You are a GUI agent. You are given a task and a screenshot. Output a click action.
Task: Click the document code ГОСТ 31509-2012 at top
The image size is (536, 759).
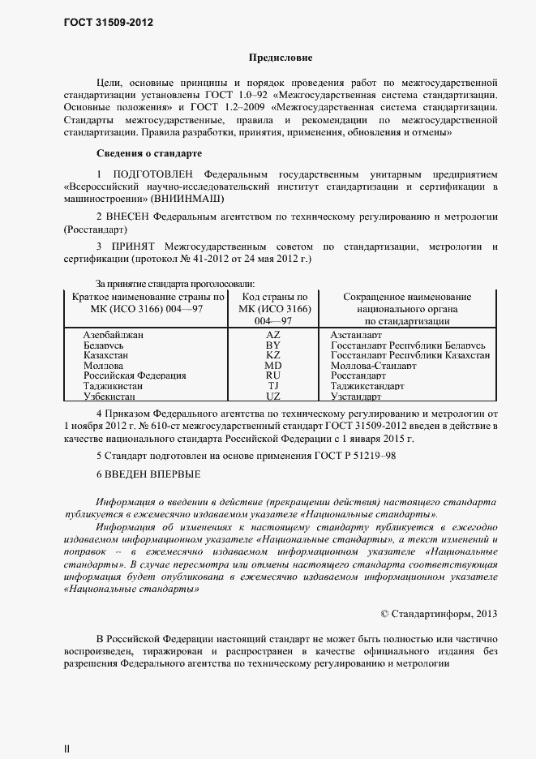point(108,23)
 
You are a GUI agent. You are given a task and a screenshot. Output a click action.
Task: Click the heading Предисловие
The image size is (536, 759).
point(280,58)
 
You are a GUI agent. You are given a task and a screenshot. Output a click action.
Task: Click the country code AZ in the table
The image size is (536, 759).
point(272,334)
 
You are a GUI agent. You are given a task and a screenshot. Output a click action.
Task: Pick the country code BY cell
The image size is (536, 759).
point(272,345)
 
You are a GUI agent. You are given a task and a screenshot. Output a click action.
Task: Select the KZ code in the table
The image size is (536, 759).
point(272,355)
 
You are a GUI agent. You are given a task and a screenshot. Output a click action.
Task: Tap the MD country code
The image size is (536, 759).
point(272,366)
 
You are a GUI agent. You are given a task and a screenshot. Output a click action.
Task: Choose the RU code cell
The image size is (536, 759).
point(272,376)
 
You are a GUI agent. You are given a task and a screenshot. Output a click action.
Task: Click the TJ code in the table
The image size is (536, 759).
point(272,387)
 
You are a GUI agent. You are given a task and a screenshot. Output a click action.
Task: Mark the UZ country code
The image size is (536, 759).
point(272,397)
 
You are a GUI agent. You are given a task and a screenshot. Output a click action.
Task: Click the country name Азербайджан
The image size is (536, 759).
point(114,334)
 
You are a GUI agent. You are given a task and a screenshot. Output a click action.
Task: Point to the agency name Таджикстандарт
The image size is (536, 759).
point(367,387)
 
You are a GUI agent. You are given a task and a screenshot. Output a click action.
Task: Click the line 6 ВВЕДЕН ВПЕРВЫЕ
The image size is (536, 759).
point(148,474)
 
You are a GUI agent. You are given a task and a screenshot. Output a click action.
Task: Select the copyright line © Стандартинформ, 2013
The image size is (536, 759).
point(439,613)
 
